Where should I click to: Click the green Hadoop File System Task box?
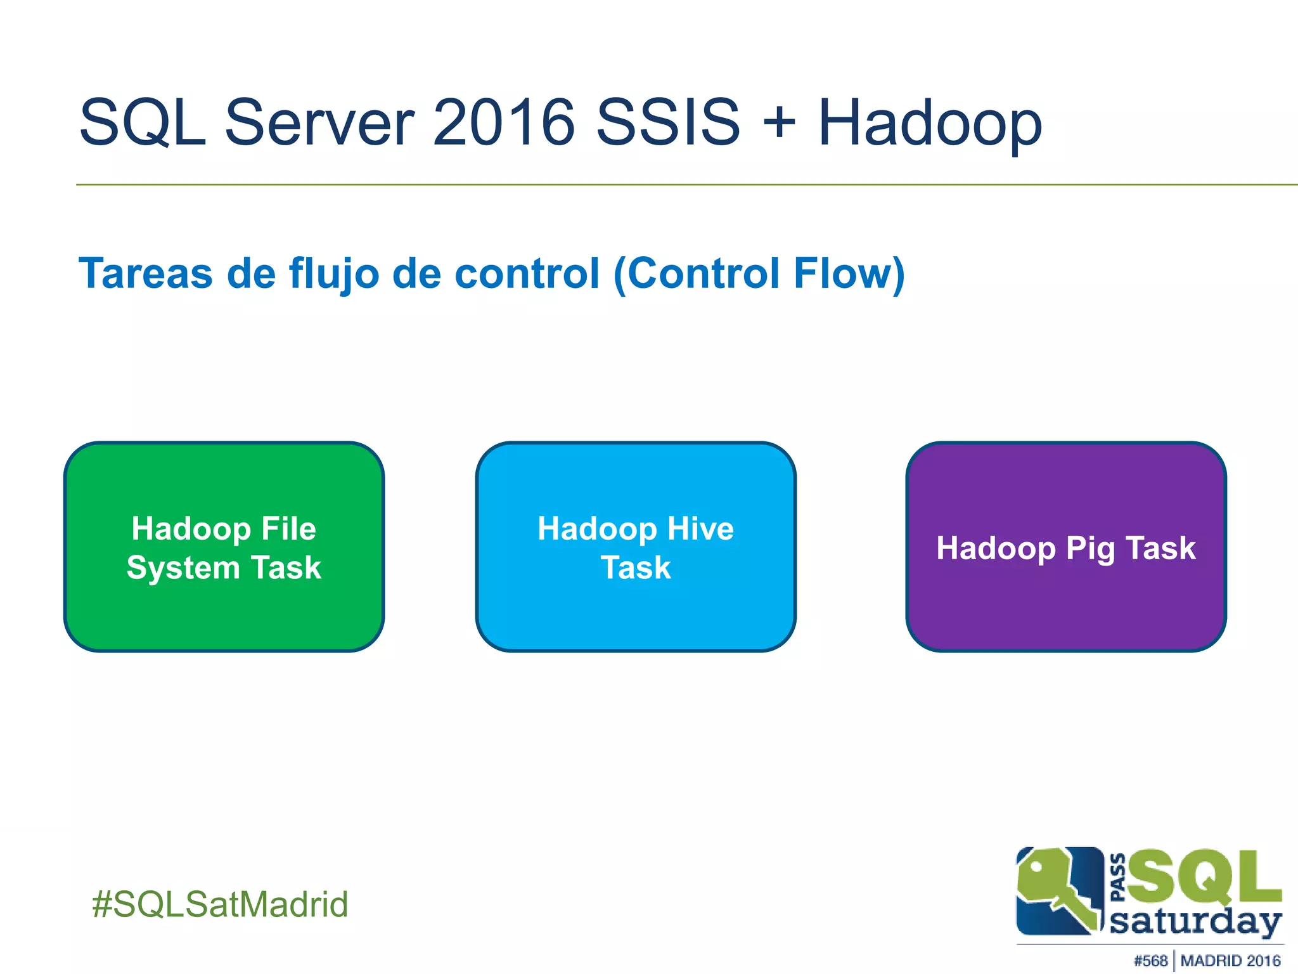click(224, 609)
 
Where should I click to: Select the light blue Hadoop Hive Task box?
click(636, 609)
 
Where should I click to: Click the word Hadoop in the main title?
click(930, 122)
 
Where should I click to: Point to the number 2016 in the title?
click(503, 122)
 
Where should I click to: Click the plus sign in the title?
click(779, 122)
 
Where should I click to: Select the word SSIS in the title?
click(668, 122)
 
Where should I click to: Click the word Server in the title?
click(319, 122)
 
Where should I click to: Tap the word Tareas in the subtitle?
click(145, 274)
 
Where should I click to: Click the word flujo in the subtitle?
click(335, 274)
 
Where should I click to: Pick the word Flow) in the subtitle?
click(849, 274)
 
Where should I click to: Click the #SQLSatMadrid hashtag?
click(220, 904)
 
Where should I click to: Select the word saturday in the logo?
click(1195, 922)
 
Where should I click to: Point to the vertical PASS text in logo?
click(1118, 877)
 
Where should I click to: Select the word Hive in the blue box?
click(700, 528)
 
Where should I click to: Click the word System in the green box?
click(183, 568)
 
